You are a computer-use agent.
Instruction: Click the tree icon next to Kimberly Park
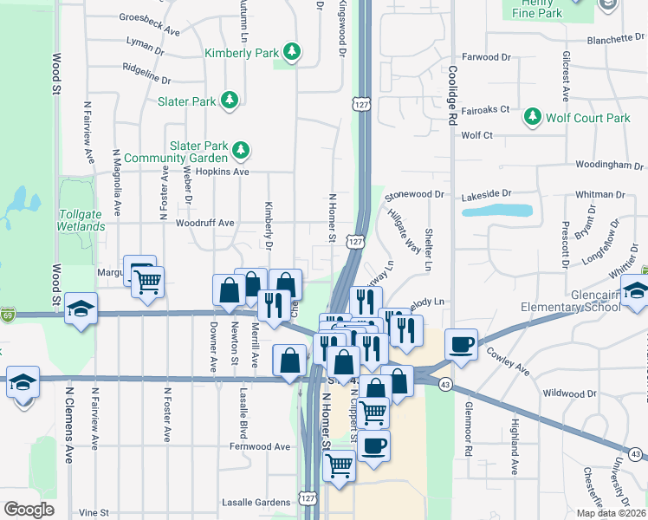tap(294, 53)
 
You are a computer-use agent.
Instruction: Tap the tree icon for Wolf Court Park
tap(532, 118)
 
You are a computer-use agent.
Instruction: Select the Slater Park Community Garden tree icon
tap(240, 152)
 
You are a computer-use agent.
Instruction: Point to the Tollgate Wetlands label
tap(81, 220)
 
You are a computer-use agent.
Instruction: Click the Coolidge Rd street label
tap(452, 96)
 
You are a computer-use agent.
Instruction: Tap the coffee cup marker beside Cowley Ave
tap(461, 344)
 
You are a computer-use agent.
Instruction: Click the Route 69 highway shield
tap(7, 313)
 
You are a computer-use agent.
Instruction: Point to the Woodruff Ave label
tap(205, 223)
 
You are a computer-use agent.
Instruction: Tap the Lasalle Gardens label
tap(256, 502)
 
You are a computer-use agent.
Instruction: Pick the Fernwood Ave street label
tap(260, 446)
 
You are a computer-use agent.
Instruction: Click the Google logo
tap(29, 509)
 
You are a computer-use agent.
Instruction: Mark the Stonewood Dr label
tap(414, 195)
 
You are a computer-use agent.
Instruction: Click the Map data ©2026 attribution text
tap(611, 513)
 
